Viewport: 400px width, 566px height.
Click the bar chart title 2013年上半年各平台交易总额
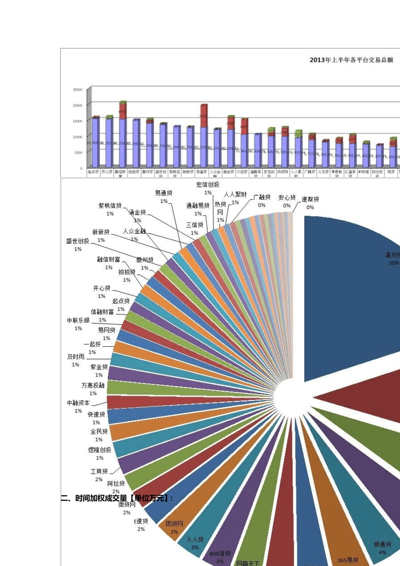351,60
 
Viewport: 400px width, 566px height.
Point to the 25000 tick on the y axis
77,90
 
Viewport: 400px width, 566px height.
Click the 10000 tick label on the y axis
77,137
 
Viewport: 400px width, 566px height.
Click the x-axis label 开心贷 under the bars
107,172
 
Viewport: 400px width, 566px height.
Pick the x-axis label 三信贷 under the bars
242,172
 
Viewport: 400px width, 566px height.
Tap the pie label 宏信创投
208,184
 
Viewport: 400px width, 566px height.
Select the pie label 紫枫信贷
110,206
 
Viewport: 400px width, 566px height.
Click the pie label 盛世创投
78,241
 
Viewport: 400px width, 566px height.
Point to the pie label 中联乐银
78,320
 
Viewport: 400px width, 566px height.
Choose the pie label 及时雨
76,357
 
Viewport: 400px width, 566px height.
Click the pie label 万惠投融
93,385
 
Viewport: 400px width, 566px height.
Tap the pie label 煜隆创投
100,450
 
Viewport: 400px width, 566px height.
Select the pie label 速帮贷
310,199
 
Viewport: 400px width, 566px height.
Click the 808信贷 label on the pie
220,554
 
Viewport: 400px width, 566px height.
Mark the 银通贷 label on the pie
383,545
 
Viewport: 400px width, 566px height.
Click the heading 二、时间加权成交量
117,498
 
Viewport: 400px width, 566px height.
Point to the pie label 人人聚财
235,195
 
